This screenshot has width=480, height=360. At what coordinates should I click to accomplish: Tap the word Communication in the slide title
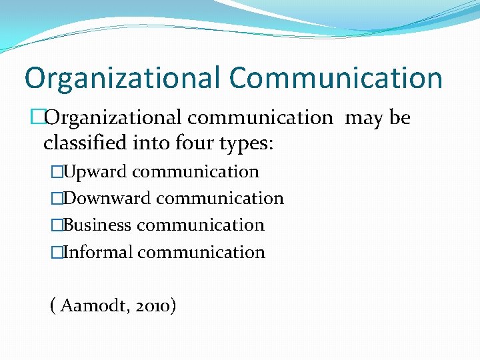point(336,79)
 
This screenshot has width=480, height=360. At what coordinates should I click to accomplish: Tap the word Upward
point(94,172)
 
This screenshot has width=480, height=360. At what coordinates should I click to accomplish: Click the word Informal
point(97,253)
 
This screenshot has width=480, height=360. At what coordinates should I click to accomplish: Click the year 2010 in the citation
point(153,307)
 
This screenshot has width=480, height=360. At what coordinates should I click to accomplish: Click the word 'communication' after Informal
point(201,253)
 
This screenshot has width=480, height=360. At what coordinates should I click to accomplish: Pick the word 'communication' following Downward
point(220,199)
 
